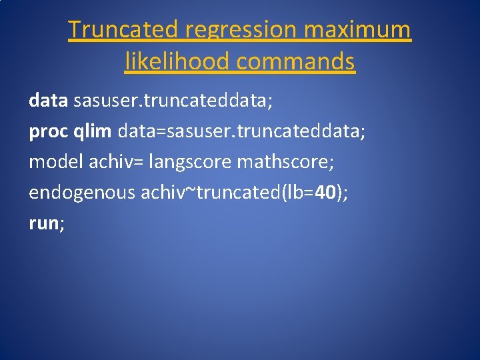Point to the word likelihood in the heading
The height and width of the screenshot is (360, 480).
pyautogui.click(x=177, y=61)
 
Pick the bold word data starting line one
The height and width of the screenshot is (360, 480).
pyautogui.click(x=48, y=100)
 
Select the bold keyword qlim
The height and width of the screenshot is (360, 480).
pyautogui.click(x=93, y=131)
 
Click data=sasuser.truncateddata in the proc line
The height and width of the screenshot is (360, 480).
pyautogui.click(x=241, y=131)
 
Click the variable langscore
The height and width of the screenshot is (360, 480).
pyautogui.click(x=190, y=162)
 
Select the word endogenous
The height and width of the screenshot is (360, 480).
pyautogui.click(x=81, y=193)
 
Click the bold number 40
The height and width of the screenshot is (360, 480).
pyautogui.click(x=325, y=193)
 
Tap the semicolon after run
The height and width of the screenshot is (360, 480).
pyautogui.click(x=62, y=225)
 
